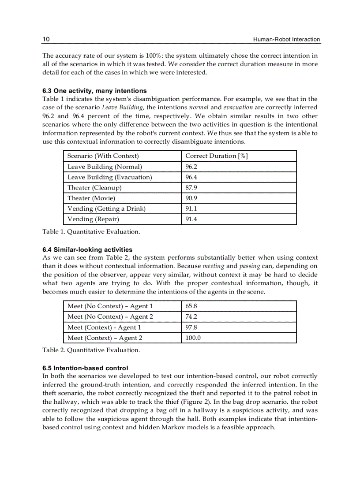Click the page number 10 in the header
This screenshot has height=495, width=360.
pyautogui.click(x=46, y=40)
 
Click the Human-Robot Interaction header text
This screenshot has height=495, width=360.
pyautogui.click(x=286, y=40)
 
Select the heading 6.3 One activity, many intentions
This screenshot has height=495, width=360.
pyautogui.click(x=94, y=91)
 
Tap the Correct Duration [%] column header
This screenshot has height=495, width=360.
pyautogui.click(x=216, y=156)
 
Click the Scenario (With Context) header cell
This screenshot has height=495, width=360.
pyautogui.click(x=103, y=156)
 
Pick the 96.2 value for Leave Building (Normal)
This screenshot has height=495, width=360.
pyautogui.click(x=191, y=167)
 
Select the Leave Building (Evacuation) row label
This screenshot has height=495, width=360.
pyautogui.click(x=109, y=177)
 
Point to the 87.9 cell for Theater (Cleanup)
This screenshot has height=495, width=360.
pyautogui.click(x=191, y=188)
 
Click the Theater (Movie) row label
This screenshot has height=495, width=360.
pyautogui.click(x=91, y=198)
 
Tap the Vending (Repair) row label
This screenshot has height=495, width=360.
pyautogui.click(x=93, y=219)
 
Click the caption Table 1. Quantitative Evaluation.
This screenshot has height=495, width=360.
pyautogui.click(x=91, y=231)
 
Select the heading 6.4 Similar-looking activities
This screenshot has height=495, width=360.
pyautogui.click(x=87, y=249)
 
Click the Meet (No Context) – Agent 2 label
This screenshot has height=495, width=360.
pyautogui.click(x=110, y=316)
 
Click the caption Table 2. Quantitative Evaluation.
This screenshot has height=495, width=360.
pyautogui.click(x=91, y=350)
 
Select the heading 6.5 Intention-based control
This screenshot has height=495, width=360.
pyautogui.click(x=85, y=368)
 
